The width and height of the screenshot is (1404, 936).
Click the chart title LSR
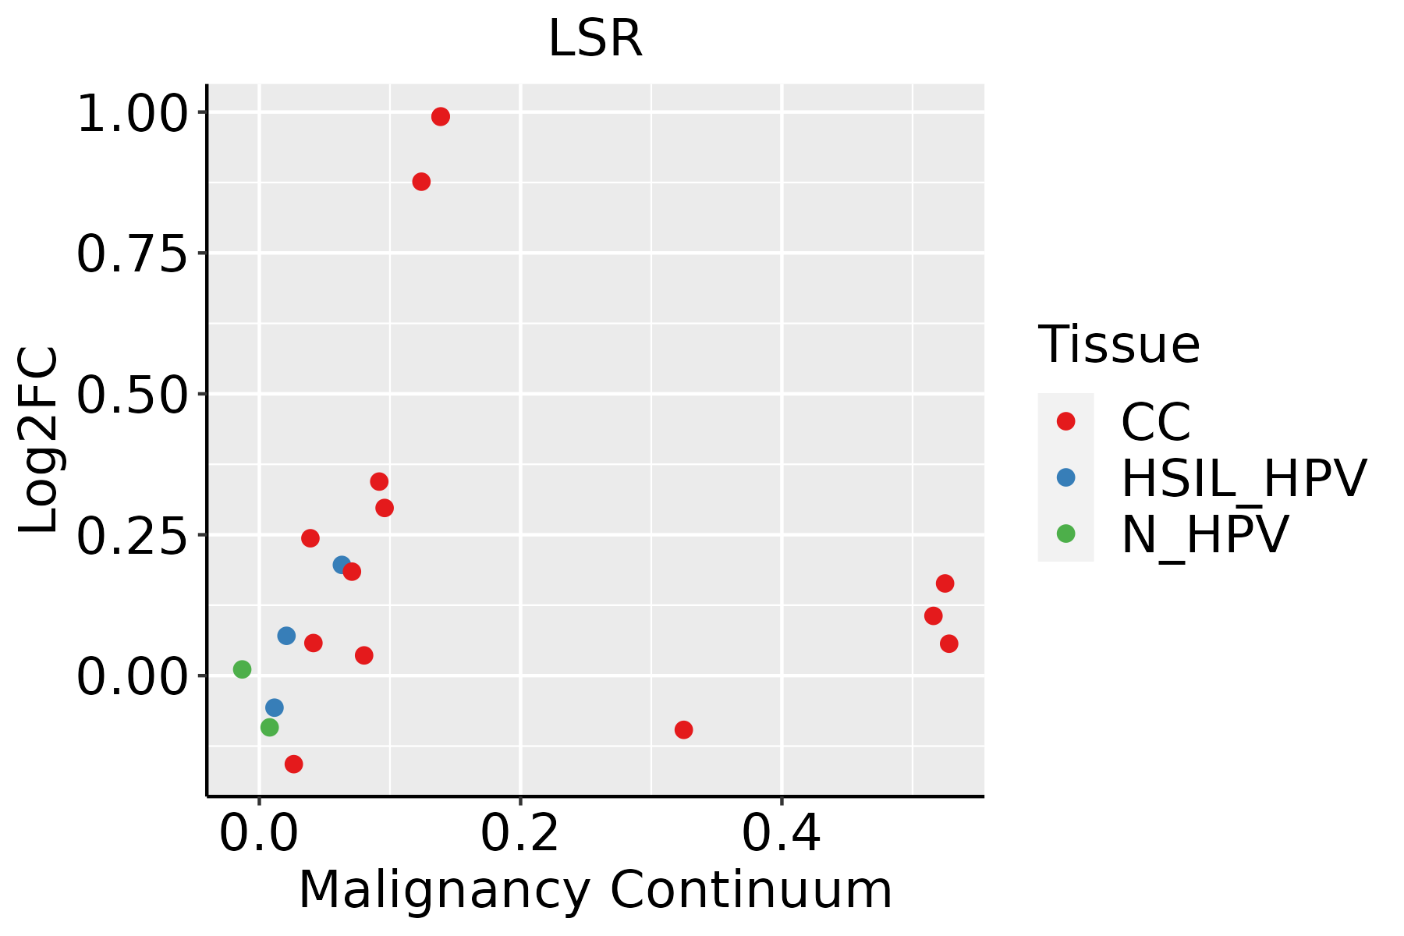pos(595,39)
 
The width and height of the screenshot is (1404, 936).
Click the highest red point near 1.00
pos(441,117)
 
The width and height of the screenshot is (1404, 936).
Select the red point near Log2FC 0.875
pos(421,182)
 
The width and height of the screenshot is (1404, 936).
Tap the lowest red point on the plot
pos(294,764)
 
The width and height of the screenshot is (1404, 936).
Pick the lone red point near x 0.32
pos(683,730)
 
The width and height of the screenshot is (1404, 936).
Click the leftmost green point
pos(243,669)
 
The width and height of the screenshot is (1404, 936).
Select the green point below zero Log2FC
pos(270,728)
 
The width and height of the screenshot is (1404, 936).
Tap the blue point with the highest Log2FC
pos(342,565)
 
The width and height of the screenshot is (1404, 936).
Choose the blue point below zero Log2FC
pos(275,707)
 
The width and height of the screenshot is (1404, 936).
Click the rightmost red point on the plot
pos(949,643)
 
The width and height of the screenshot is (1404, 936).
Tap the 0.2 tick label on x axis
pos(519,834)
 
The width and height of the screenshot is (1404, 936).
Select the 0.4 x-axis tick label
pos(781,834)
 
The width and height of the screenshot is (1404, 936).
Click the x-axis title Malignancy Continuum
pos(595,891)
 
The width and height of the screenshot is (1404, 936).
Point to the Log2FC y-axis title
pos(39,440)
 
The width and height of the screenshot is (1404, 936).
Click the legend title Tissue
pos(1119,345)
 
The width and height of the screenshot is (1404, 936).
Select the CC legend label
pos(1156,422)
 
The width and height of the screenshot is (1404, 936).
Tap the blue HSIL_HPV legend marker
pos(1065,477)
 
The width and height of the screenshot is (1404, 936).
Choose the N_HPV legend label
pos(1204,534)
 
